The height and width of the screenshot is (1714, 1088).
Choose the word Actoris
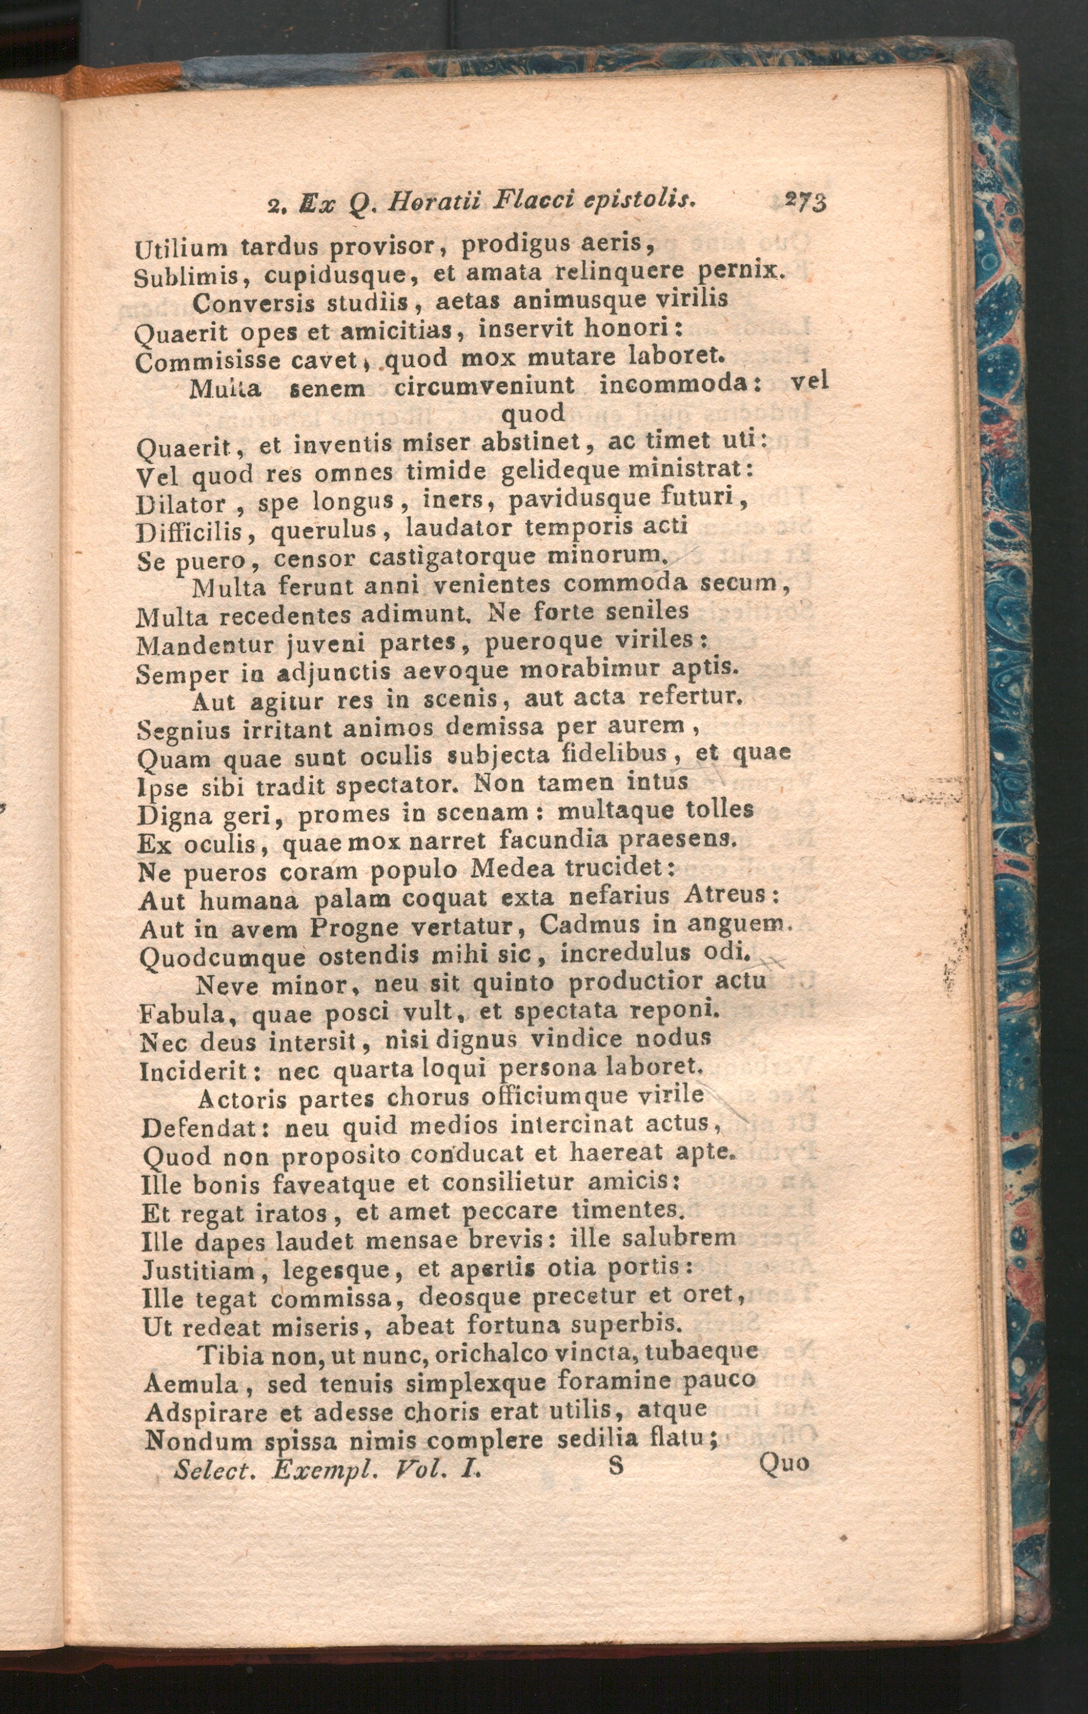click(x=242, y=1099)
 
